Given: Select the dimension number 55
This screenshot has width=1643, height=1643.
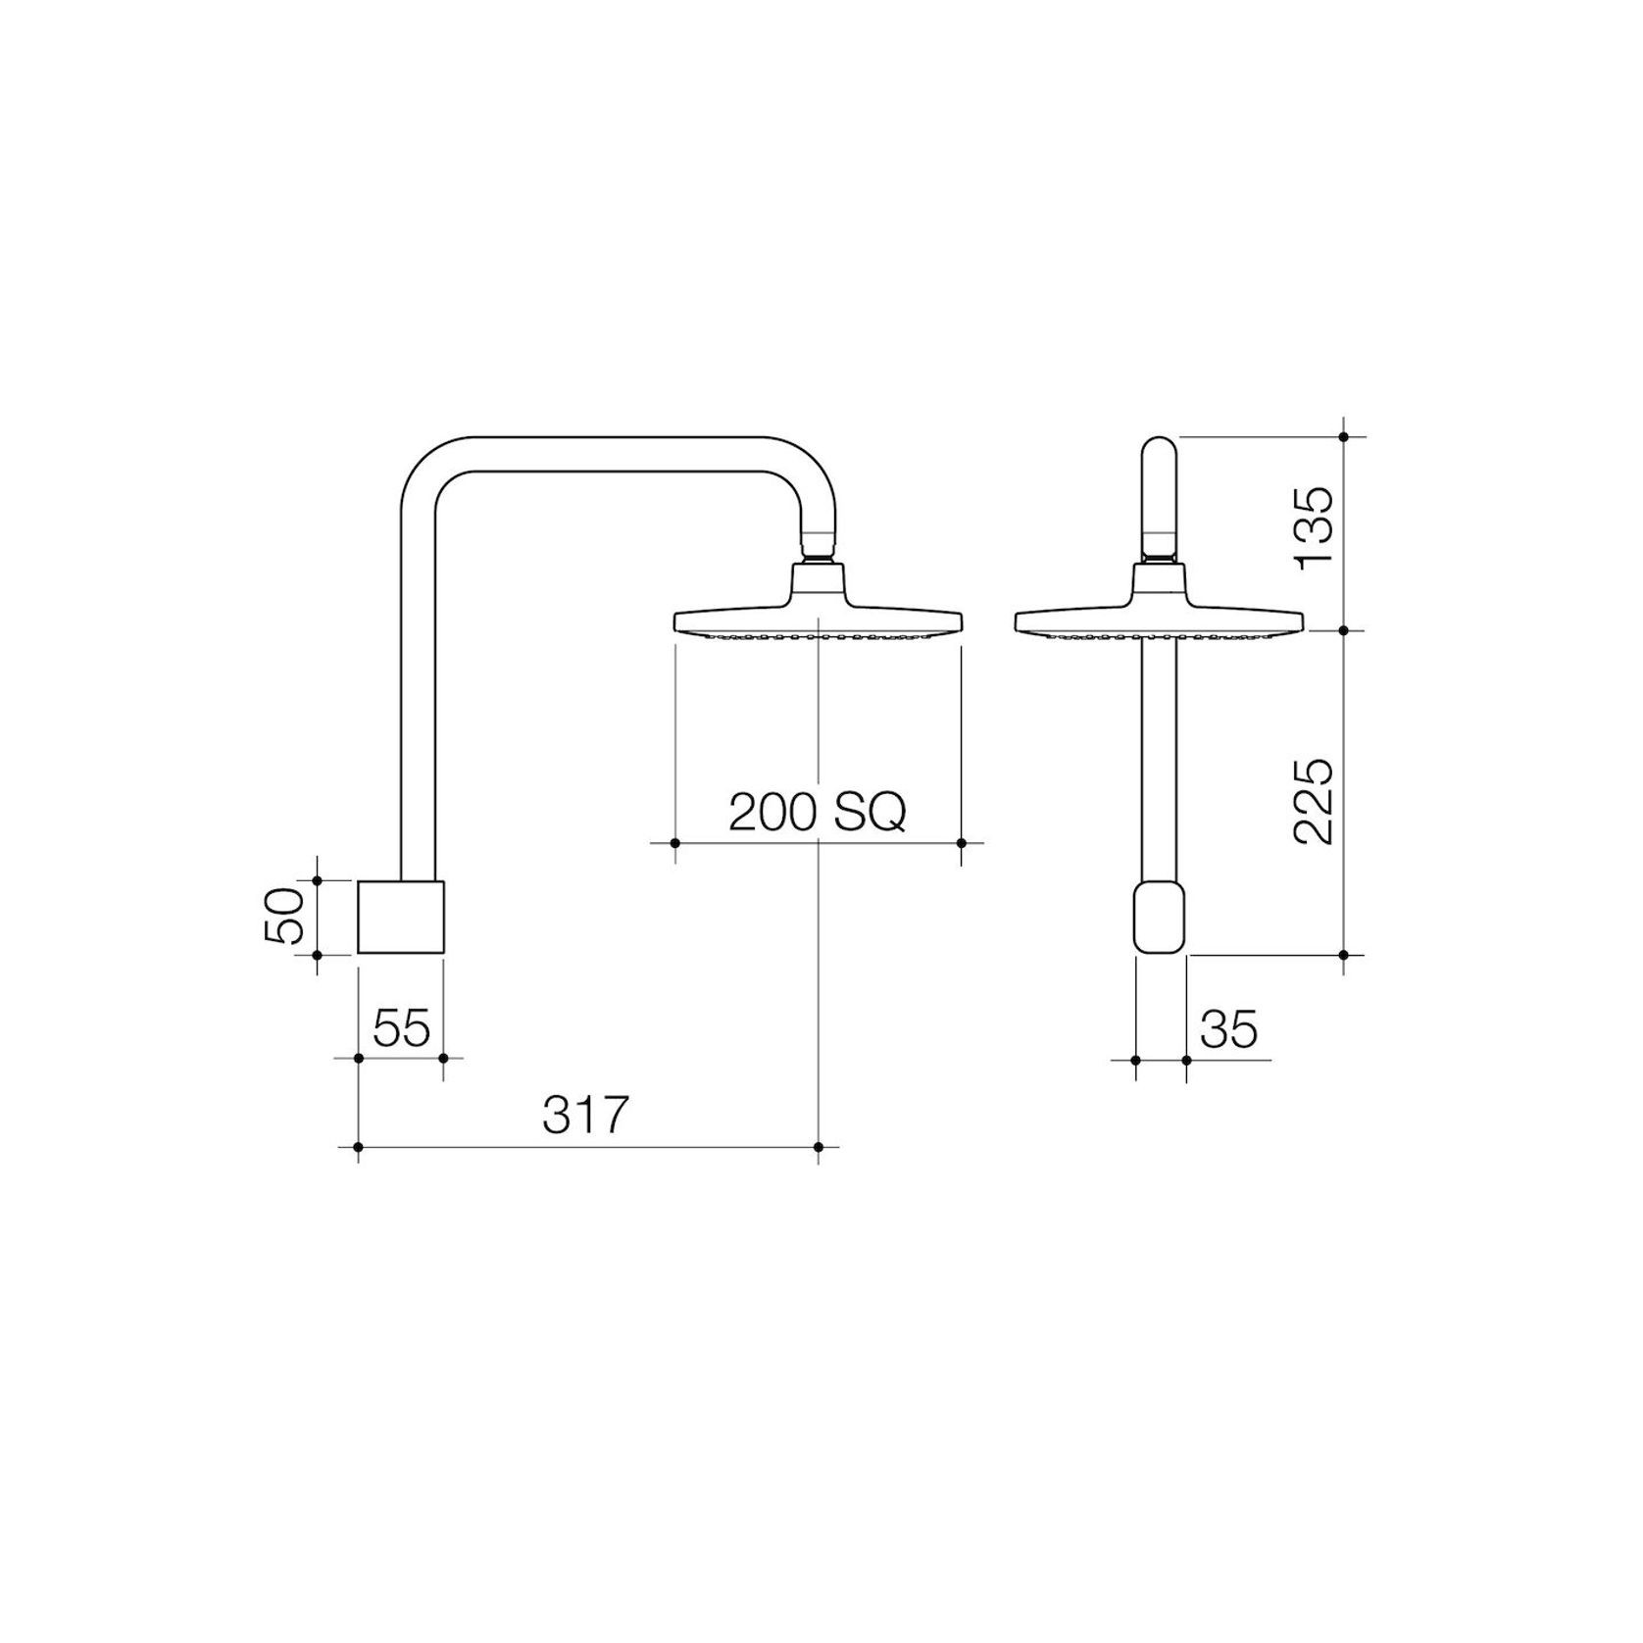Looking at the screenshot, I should point(402,1028).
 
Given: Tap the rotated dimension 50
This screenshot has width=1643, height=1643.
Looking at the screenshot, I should point(283,916).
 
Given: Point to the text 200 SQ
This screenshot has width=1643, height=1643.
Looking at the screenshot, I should point(818,812).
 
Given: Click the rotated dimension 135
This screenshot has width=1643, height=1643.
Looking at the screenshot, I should point(1314,526).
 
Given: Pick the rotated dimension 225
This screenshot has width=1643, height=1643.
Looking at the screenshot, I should point(1314,801).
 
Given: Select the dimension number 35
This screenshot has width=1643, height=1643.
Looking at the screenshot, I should point(1228,1029).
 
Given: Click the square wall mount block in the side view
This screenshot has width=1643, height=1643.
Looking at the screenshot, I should point(401,916).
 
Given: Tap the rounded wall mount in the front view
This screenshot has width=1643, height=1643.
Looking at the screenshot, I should point(1160,917).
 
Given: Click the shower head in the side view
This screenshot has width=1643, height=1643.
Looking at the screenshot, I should point(819,618).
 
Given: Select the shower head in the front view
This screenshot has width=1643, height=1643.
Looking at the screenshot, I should point(1159,618).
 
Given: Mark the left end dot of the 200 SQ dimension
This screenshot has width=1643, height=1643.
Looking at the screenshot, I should point(674,843).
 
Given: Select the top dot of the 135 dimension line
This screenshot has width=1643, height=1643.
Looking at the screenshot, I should point(1344,435).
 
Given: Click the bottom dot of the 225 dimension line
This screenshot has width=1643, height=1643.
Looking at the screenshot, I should point(1344,954).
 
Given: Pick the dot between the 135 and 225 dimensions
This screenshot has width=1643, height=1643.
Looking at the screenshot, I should point(1344,630).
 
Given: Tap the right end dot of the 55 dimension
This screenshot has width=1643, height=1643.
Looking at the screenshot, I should point(443,1059).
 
